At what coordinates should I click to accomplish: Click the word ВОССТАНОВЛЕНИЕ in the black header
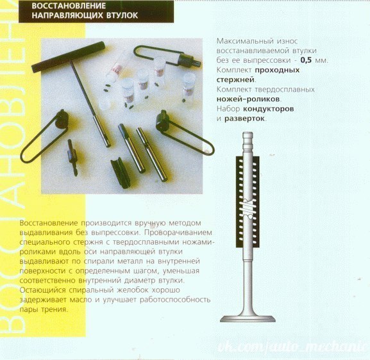click(69, 6)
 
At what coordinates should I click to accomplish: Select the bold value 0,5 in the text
click(306, 60)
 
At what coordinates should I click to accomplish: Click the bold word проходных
click(277, 70)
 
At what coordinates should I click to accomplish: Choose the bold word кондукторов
click(269, 109)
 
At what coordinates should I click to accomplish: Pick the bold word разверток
click(245, 119)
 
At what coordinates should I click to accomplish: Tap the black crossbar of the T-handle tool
click(68, 56)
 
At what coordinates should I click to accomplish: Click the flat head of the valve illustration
click(248, 319)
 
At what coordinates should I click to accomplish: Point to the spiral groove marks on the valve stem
click(248, 208)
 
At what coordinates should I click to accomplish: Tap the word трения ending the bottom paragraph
click(55, 309)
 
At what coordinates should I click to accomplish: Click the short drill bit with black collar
click(72, 157)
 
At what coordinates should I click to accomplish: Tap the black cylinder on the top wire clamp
click(189, 60)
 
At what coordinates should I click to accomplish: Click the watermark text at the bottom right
click(293, 347)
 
